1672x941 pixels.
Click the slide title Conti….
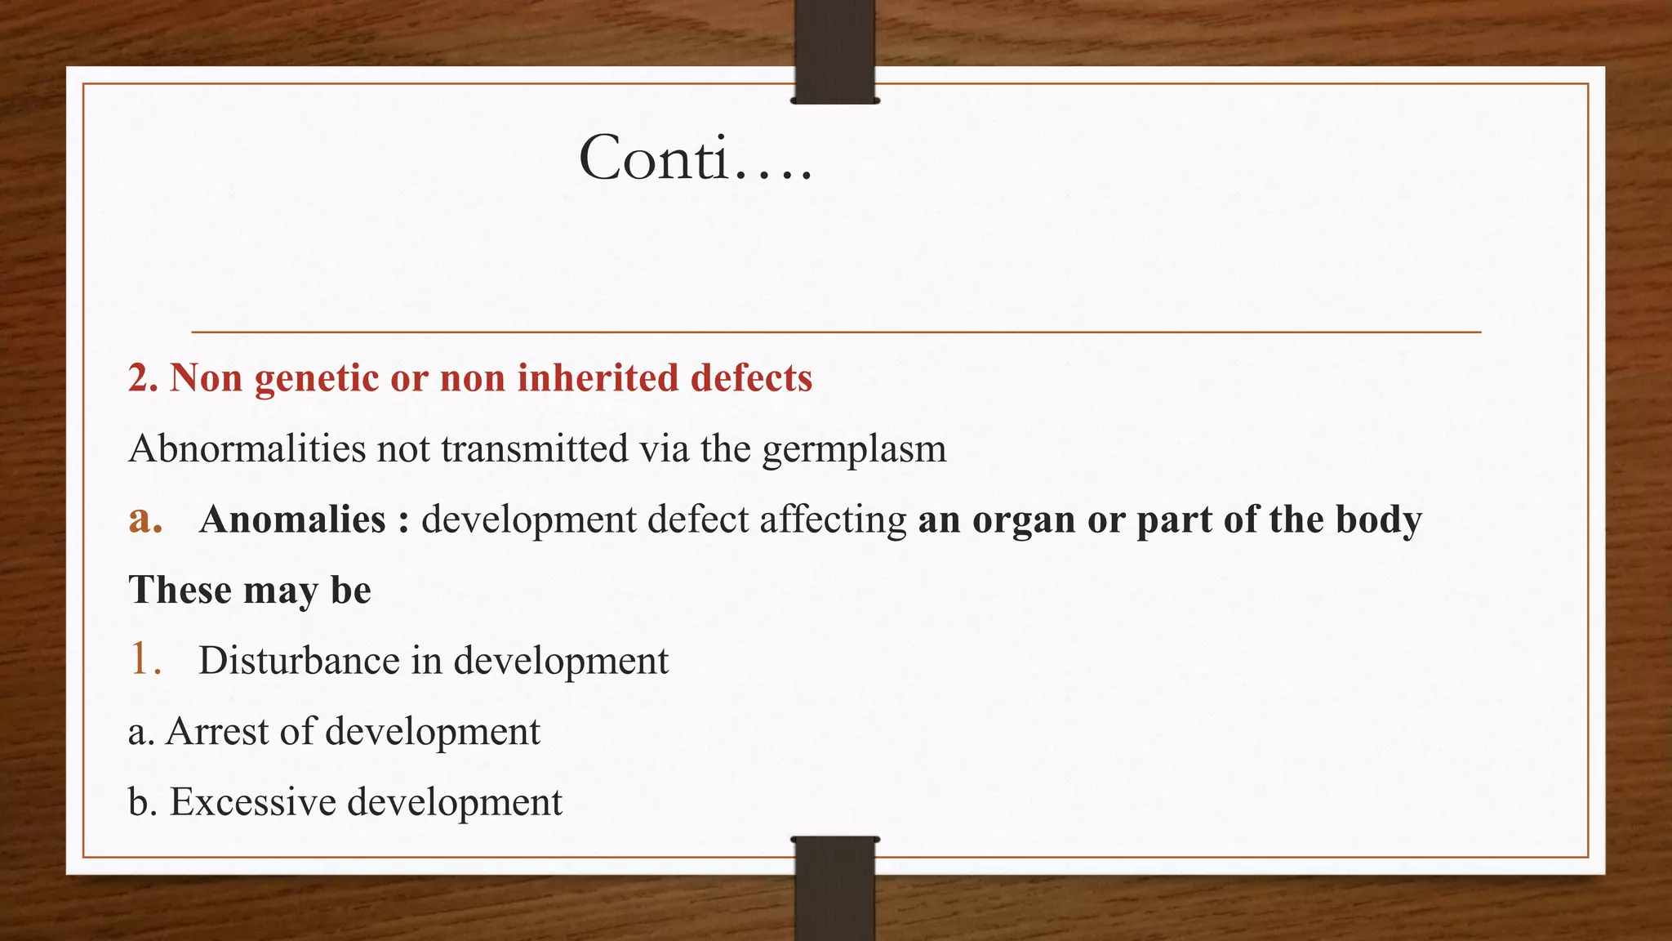(696, 158)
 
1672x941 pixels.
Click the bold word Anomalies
(292, 520)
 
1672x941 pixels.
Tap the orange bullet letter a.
(145, 520)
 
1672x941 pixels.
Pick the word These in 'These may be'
(180, 590)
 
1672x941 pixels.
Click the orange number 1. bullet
(145, 659)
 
